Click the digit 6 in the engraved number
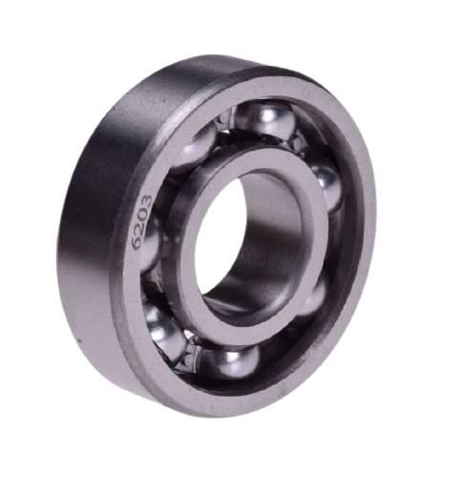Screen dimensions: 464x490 coord(137,242)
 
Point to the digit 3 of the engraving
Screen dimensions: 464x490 coord(146,202)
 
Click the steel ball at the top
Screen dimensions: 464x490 coord(266,121)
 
